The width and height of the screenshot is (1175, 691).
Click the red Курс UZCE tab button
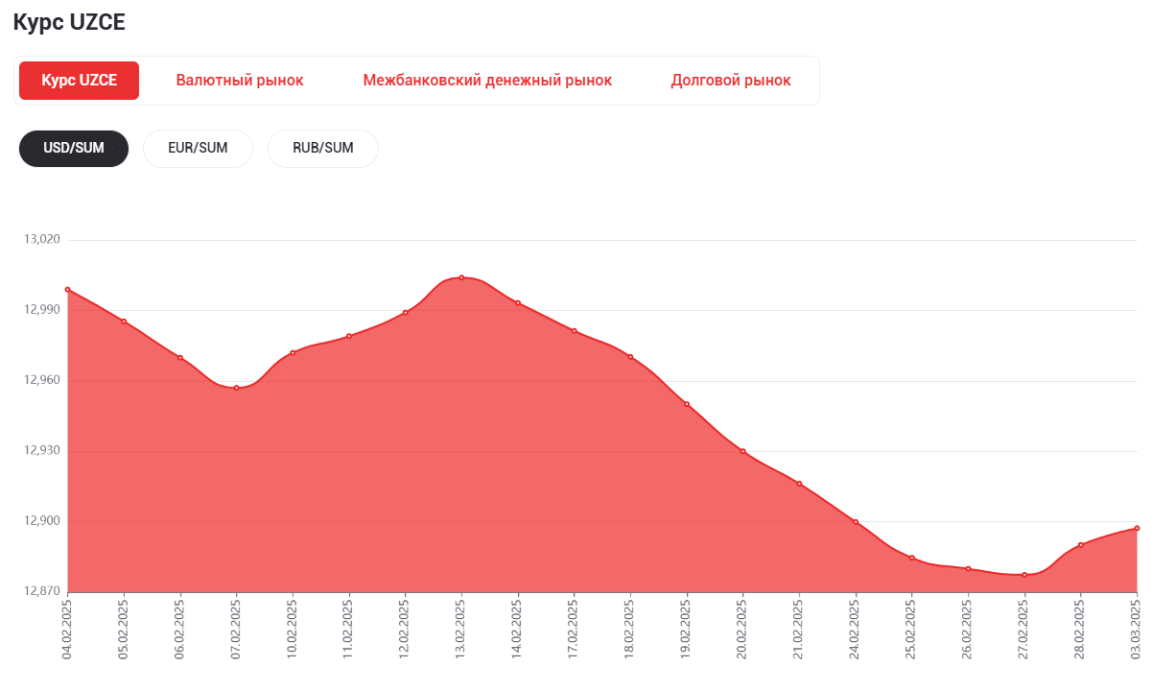[x=79, y=81]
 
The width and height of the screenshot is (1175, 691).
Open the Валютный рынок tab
[x=240, y=81]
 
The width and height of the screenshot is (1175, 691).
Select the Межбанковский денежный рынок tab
[x=487, y=81]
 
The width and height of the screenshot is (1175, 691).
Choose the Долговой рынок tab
[x=731, y=81]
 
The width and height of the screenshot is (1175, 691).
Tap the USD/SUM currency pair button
[x=74, y=148]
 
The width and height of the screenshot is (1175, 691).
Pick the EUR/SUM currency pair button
[x=198, y=148]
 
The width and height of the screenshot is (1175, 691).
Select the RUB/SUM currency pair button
[x=323, y=148]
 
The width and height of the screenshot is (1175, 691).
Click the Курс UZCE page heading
[x=69, y=23]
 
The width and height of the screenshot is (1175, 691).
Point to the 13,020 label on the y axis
[x=41, y=239]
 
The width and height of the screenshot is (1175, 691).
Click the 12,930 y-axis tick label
[x=41, y=451]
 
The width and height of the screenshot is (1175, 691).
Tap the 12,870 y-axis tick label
[x=41, y=592]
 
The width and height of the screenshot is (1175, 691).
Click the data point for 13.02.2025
[x=461, y=277]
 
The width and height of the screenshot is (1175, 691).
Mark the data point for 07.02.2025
[x=236, y=388]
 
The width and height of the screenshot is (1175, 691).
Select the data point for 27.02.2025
[x=1024, y=575]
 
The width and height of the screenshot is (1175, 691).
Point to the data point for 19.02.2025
[x=687, y=404]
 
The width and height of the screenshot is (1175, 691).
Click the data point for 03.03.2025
[x=1137, y=528]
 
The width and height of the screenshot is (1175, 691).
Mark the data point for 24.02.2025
[x=856, y=522]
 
